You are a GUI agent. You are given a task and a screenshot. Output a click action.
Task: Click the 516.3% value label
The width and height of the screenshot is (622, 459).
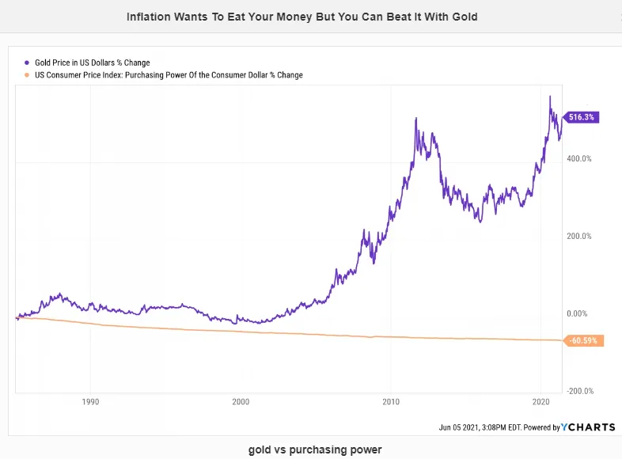[581, 117]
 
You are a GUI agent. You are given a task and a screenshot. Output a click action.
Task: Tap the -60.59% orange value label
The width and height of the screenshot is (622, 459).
[583, 340]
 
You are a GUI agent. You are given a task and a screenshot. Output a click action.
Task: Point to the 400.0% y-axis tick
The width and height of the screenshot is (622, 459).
[579, 159]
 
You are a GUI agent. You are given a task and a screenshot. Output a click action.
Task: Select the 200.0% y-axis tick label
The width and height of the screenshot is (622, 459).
[579, 236]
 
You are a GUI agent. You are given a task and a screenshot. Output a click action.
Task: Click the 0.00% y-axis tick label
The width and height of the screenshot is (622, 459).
[577, 313]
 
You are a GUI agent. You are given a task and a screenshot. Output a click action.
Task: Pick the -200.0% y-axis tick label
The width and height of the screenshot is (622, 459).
[580, 391]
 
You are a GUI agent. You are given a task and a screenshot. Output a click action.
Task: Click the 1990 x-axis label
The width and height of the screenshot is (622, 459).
[90, 402]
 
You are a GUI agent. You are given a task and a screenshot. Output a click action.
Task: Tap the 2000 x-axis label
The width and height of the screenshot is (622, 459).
[241, 402]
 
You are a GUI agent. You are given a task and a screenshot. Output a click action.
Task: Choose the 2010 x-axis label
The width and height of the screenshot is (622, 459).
[391, 402]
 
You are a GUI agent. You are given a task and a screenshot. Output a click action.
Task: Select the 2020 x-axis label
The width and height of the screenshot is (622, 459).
[541, 402]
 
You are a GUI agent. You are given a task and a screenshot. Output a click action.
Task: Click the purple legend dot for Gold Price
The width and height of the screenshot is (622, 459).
[27, 63]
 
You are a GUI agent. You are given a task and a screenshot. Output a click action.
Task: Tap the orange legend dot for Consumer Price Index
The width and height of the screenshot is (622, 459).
[27, 75]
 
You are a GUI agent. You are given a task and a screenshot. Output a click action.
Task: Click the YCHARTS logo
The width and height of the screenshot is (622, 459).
[588, 427]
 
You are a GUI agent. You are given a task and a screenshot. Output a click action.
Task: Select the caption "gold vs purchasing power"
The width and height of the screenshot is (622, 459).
[315, 450]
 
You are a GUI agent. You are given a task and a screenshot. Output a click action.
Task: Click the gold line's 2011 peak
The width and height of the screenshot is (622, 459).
[416, 118]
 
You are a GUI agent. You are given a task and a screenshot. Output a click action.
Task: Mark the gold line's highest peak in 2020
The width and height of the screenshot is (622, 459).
[550, 96]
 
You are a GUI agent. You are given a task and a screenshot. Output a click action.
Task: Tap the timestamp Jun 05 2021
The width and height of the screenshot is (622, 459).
[458, 427]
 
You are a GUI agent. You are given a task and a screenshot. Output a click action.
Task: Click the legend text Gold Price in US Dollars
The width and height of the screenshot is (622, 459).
[74, 63]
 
